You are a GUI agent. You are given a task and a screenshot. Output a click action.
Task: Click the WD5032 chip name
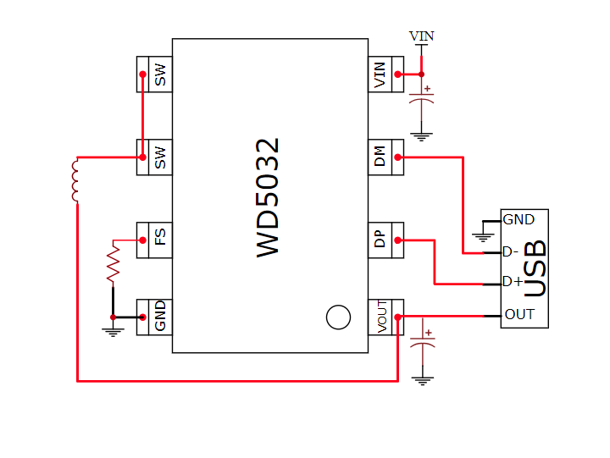[268, 198]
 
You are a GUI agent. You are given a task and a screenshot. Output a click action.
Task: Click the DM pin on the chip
[380, 157]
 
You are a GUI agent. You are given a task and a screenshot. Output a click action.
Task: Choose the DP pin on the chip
[380, 240]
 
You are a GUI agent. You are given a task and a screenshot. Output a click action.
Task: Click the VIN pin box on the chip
[380, 74]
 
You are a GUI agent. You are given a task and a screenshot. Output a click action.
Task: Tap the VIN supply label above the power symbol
[421, 36]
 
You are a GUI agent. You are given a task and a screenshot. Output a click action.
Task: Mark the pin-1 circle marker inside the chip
[338, 317]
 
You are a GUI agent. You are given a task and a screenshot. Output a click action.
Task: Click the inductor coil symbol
[75, 180]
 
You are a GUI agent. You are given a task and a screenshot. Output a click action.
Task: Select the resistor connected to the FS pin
[113, 263]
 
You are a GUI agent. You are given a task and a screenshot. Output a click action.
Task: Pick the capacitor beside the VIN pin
[421, 97]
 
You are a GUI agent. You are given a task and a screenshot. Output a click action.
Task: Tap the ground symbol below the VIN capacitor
[421, 134]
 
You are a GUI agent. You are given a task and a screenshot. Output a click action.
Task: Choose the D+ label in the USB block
[512, 282]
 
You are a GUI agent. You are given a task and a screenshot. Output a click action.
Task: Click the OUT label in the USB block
[519, 314]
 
